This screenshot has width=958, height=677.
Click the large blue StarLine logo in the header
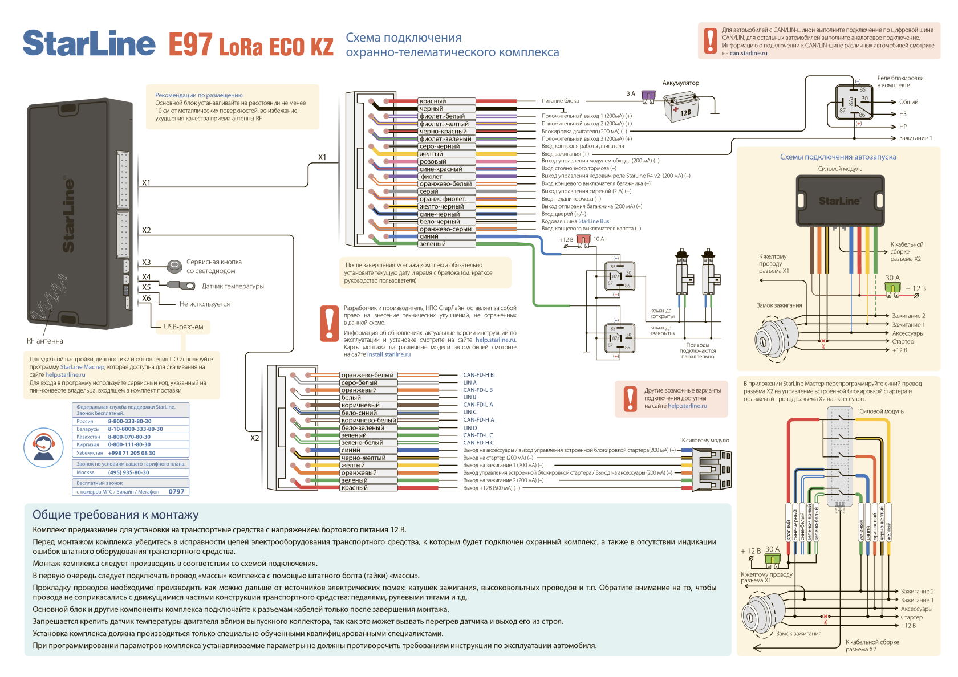88,43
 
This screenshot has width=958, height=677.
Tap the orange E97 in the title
190,44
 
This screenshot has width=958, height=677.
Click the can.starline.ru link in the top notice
748,54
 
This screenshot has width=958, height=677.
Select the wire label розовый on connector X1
433,161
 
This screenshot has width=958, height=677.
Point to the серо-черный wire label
439,146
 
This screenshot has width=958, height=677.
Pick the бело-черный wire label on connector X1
439,222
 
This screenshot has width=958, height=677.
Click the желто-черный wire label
441,206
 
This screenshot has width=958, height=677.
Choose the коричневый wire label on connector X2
360,405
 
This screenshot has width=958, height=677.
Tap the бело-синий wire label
359,413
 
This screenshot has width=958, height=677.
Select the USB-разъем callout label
183,327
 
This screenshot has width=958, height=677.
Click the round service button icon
174,266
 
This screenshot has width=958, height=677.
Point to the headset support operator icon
43,447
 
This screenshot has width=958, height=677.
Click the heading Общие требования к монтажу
115,515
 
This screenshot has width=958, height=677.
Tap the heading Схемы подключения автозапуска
838,157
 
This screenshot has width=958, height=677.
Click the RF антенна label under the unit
45,341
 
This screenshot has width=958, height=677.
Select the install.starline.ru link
388,354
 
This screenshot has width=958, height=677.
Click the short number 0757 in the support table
176,491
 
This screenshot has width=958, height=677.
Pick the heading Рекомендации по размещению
199,95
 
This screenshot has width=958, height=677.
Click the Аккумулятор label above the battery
680,83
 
